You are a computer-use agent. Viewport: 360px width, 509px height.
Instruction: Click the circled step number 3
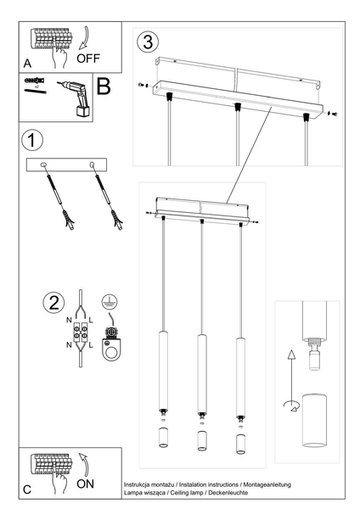click(x=149, y=42)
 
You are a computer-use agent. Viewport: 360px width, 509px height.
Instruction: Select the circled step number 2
click(x=53, y=303)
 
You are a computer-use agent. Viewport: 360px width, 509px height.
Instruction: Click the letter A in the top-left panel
click(x=28, y=64)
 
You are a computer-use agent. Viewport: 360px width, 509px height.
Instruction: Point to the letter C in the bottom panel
click(x=27, y=489)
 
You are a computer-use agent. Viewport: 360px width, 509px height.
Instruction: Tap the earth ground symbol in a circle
click(x=108, y=301)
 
